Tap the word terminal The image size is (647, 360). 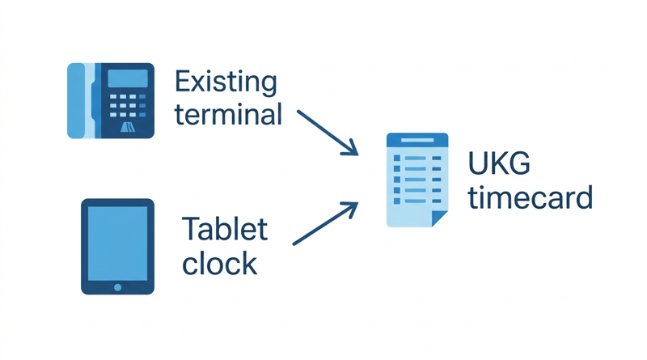point(228,114)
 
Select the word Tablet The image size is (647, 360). point(225,228)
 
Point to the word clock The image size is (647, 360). point(219,263)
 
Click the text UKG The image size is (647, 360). point(499,163)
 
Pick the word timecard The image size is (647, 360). point(531,197)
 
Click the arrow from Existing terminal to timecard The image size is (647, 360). point(328,133)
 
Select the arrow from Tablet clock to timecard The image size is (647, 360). point(325,223)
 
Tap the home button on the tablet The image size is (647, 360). point(117,287)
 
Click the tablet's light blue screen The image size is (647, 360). point(117,244)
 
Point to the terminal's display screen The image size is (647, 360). point(128,78)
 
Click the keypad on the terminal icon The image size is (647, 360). point(128,105)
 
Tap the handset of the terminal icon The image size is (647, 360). point(76,101)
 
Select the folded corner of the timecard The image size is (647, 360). point(439,218)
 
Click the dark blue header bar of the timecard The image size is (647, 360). point(417,140)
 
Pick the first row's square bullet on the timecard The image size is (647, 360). point(397,158)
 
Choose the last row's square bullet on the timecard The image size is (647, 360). point(397,201)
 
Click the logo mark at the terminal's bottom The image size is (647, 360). point(128,127)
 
